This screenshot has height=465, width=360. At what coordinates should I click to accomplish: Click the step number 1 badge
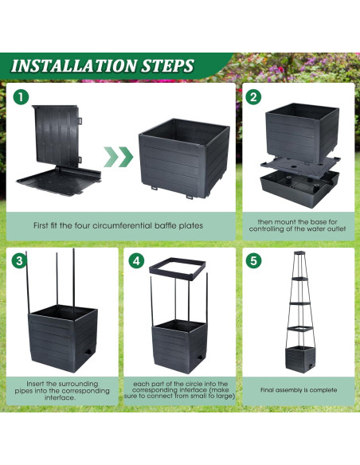pos(22,97)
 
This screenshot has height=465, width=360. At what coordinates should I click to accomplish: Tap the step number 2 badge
pos(253,97)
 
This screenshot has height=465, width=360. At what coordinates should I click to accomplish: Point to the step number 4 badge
pos(137,260)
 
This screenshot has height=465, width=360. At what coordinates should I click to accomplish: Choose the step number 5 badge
pos(253,260)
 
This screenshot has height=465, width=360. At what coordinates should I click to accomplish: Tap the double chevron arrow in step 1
pos(117,156)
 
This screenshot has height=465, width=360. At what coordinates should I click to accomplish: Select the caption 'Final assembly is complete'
pos(299,391)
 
